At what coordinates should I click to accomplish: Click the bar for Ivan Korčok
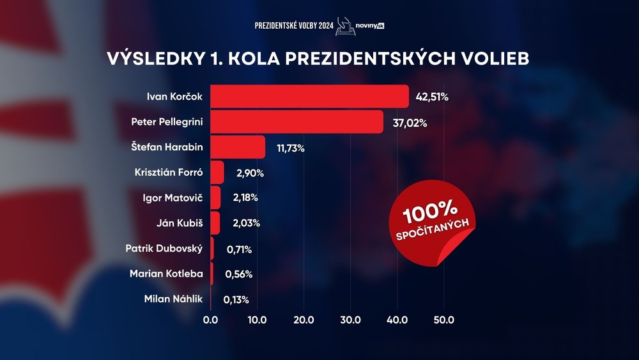[309, 97]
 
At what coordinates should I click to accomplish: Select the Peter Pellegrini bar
[296, 121]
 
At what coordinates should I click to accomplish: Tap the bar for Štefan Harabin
[237, 147]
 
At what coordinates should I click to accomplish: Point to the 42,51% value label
[432, 97]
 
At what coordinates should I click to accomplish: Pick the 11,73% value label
[290, 148]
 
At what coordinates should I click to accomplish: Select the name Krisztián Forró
[169, 173]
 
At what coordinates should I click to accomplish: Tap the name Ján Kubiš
[180, 223]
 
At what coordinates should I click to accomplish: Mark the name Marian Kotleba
[166, 274]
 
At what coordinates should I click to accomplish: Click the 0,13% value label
[236, 299]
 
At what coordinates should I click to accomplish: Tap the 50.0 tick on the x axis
[443, 320]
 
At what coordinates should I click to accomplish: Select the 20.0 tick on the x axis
[304, 320]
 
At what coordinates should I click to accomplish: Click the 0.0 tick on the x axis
[210, 320]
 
